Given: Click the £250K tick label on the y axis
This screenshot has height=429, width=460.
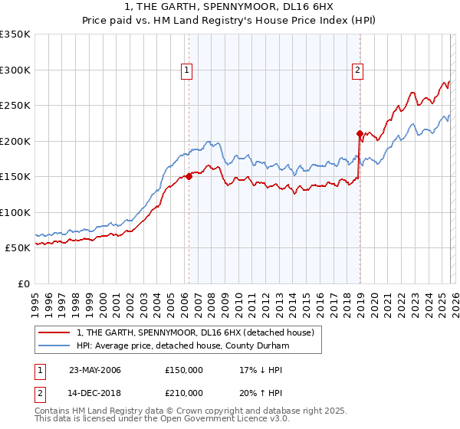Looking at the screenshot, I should [15, 106].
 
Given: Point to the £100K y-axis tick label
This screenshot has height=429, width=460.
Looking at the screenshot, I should [15, 212].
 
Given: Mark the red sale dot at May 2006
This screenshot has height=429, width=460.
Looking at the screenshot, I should [189, 176].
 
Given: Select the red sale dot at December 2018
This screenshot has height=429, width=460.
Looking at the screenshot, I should [359, 133].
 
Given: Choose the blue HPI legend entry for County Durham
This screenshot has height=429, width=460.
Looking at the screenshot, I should [182, 345].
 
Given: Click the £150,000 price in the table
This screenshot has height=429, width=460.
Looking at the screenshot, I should [184, 370].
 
